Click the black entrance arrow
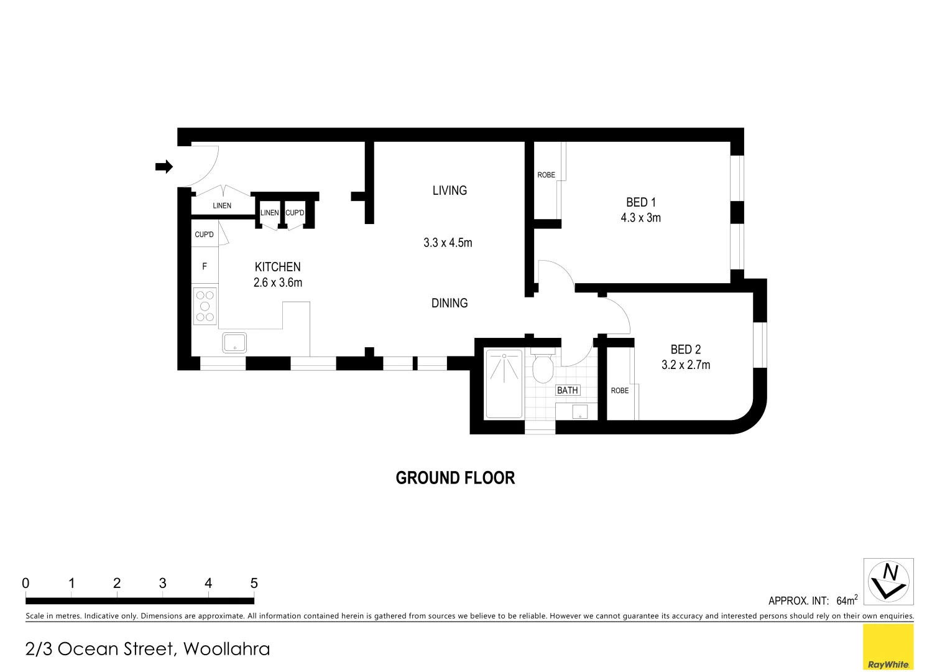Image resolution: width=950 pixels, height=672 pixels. (164, 166)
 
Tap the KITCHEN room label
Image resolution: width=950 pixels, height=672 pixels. (277, 267)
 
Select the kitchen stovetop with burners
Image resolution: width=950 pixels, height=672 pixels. (205, 306)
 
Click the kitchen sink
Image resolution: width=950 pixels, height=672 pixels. (234, 343)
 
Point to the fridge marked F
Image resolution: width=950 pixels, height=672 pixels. (205, 266)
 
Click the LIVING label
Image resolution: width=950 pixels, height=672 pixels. (450, 190)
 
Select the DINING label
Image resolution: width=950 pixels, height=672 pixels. (450, 303)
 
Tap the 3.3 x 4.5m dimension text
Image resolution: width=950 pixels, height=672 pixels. (448, 243)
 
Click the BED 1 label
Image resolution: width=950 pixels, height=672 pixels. (640, 202)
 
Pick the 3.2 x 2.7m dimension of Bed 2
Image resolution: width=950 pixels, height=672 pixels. (685, 365)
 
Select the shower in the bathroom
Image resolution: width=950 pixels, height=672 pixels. (504, 384)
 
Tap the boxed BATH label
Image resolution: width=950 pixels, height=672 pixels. (567, 390)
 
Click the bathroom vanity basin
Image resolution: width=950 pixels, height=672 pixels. (579, 411)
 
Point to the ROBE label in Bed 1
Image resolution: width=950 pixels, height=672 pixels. (546, 175)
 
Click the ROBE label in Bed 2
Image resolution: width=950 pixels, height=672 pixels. (619, 391)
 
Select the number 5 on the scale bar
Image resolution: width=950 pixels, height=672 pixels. (254, 584)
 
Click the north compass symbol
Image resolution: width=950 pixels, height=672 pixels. (888, 581)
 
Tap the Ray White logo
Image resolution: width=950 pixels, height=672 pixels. (888, 647)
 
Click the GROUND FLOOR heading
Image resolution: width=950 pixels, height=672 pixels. (455, 478)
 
